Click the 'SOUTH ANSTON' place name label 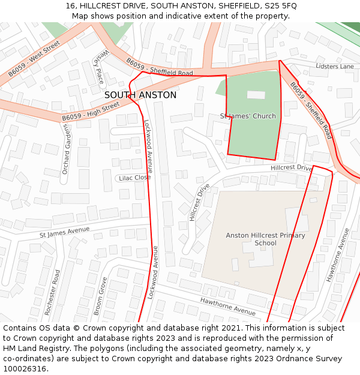[x=140, y=95]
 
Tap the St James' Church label [x=248, y=116]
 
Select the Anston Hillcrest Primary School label [x=265, y=239]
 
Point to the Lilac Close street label [x=134, y=178]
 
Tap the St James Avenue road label [x=64, y=232]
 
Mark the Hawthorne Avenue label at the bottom [x=228, y=306]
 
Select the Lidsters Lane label [x=335, y=66]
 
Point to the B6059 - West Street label [x=34, y=59]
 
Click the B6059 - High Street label [x=91, y=112]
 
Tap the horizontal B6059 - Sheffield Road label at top [x=160, y=67]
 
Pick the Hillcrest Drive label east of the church [x=292, y=169]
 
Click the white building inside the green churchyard [x=256, y=95]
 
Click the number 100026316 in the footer [x=25, y=368]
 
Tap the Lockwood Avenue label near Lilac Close [x=147, y=146]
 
